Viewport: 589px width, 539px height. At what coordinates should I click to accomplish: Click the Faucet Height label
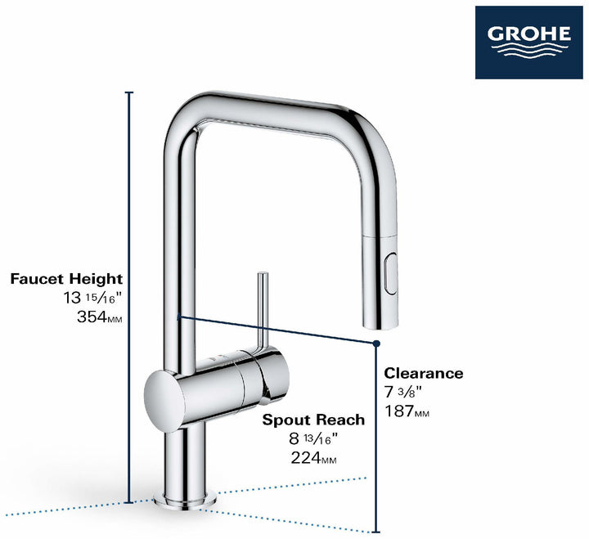point(66,280)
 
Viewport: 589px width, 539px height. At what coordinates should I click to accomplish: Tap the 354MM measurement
point(97,317)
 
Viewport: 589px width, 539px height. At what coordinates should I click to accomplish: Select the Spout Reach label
point(313,420)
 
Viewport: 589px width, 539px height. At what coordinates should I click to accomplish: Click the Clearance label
point(424,374)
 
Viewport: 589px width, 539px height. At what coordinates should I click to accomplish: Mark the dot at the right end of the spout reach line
point(377,344)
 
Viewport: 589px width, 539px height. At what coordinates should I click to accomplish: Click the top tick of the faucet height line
point(128,92)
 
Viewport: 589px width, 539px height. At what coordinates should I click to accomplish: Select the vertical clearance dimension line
point(376,442)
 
